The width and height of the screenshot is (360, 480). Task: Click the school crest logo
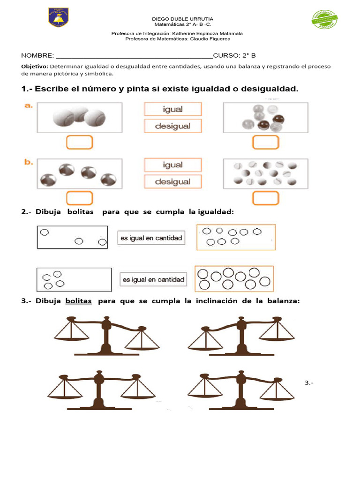click(58, 17)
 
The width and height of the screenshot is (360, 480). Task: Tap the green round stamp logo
click(324, 19)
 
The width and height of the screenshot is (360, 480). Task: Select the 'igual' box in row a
click(172, 109)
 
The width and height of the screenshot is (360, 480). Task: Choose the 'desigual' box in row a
click(172, 126)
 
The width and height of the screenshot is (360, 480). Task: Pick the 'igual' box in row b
click(172, 165)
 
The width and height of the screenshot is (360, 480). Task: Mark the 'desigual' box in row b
click(172, 181)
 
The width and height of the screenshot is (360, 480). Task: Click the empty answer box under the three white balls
click(79, 142)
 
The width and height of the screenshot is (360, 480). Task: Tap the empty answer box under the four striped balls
click(79, 198)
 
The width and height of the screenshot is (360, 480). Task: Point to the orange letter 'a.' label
click(29, 106)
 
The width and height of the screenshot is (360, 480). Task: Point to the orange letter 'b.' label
click(29, 162)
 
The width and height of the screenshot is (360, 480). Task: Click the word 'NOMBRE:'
click(37, 55)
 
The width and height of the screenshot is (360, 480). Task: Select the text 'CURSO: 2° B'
click(234, 55)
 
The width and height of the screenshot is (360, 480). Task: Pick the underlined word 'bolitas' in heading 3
click(78, 301)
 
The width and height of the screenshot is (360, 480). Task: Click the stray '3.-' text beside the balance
click(309, 383)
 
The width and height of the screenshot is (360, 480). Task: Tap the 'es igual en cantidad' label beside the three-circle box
click(150, 238)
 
